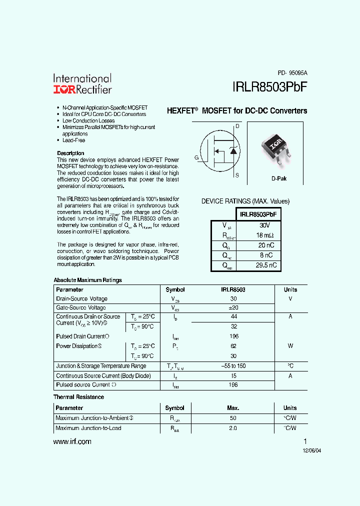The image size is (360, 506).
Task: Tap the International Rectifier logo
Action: pos(82,84)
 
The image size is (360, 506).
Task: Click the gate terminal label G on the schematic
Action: pos(196,157)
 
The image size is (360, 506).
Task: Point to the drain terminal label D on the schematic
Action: pos(237,126)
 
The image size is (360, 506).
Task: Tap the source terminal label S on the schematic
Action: pos(237,175)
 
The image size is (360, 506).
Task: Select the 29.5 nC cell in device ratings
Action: pos(266,265)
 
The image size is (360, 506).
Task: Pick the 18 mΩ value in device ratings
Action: pos(265,235)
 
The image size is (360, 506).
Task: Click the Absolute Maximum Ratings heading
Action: pos(87,280)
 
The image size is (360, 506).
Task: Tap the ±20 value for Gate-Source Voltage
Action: pos(233,308)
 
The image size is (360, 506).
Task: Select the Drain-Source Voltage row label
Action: pos(81,298)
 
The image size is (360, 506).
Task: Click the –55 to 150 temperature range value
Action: pos(233,366)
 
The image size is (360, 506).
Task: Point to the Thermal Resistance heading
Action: pos(78,397)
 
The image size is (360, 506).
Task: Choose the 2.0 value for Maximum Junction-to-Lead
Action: pos(233,428)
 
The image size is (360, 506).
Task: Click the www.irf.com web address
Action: pos(72,441)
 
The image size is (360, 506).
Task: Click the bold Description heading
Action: pos(70,153)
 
